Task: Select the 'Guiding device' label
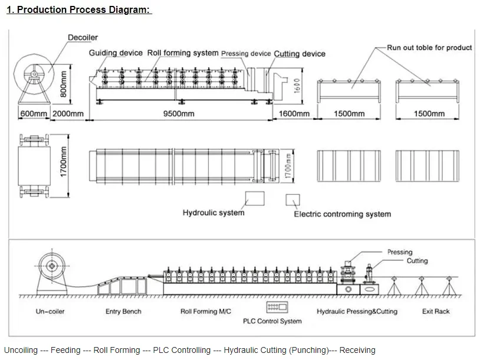coord(116,53)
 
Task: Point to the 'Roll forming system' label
coord(182,53)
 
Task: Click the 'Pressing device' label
coord(246,54)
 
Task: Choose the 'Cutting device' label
coord(300,54)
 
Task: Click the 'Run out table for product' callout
coord(429,48)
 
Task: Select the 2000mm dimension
coord(67,113)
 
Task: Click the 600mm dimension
coord(33,113)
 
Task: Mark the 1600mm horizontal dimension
coord(294,113)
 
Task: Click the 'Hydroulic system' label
coord(213,213)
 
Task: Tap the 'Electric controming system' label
coord(342,214)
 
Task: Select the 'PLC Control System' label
coord(272,321)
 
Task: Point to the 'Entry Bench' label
coord(123,311)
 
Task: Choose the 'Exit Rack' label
coord(436,311)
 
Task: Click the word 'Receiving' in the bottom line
coord(357,350)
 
